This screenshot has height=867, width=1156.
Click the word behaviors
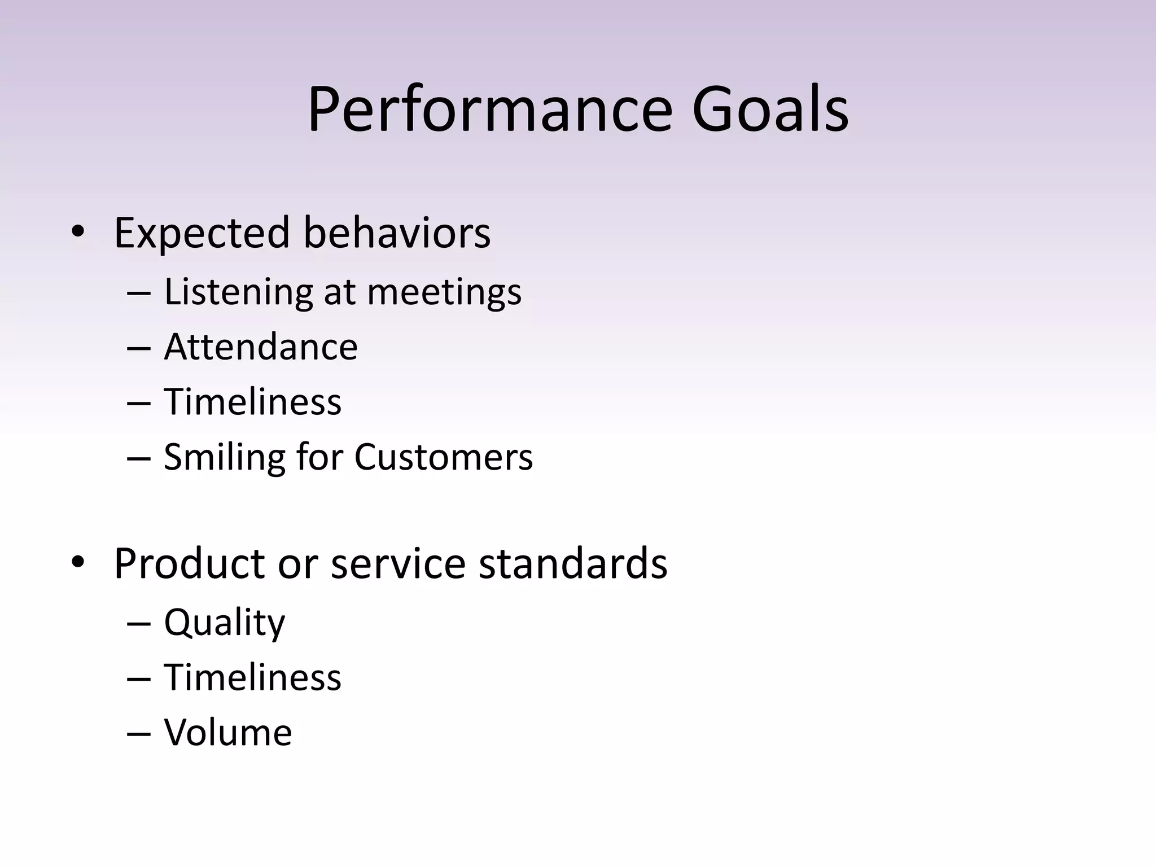coord(397,233)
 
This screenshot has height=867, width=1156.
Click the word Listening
coord(238,292)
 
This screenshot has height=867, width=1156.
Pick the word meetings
coord(444,292)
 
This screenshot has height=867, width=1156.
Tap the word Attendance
coord(261,347)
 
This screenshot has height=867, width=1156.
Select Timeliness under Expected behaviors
coord(252,402)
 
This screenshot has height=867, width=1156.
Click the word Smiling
coord(224,457)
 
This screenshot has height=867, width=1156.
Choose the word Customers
coord(443,457)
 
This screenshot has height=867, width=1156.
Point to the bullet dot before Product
coord(78,562)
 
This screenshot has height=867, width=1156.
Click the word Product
coord(189,563)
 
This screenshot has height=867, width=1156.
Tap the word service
coord(398,563)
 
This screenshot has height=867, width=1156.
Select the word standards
coord(573,563)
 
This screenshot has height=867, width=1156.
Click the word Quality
coord(224,623)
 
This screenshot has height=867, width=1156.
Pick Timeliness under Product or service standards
coord(252,677)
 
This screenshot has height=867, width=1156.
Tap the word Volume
coord(227,733)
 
